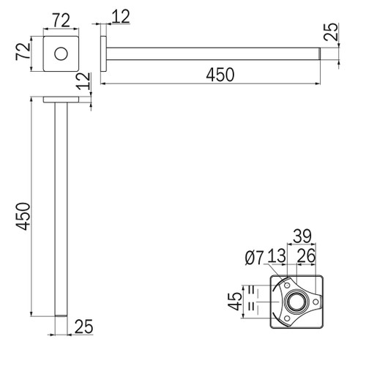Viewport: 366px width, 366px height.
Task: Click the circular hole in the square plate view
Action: (61, 53)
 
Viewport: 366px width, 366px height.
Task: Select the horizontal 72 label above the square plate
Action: (61, 20)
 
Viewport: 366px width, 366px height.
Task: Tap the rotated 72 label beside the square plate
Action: (23, 51)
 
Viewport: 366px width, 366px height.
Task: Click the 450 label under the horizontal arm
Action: (220, 75)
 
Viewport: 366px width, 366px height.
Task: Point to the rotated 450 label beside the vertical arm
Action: (23, 216)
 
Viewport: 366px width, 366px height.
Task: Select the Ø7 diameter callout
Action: (255, 258)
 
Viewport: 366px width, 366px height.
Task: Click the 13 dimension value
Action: (277, 255)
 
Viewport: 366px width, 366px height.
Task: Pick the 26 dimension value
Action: (306, 255)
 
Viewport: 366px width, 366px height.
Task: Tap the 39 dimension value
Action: (302, 236)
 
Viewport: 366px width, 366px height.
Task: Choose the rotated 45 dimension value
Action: (235, 301)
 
